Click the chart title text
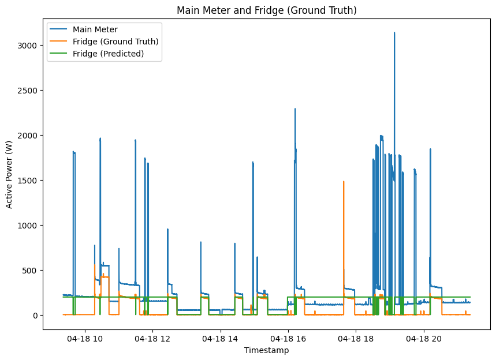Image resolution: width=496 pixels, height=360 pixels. coord(266,10)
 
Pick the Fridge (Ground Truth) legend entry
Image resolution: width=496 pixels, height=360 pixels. coord(115,42)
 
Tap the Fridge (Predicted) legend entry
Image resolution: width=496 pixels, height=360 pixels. coord(109,54)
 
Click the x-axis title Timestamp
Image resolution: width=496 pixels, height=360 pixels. coord(266,350)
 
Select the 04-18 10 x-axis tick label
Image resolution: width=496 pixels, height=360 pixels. coord(85,339)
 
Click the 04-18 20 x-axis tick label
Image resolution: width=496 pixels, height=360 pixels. coord(424,339)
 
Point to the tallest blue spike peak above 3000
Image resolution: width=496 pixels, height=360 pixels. coord(394,33)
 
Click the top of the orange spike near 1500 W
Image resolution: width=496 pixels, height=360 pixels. coord(344,182)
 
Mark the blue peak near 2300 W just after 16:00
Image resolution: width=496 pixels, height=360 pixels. coord(295,109)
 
